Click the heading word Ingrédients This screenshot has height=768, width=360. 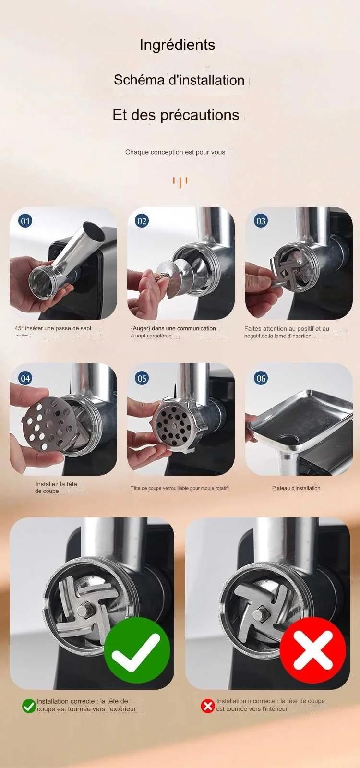point(177,45)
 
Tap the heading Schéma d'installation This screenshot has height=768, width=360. point(179,80)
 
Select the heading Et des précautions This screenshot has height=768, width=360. point(176,115)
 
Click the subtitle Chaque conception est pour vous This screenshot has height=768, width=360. point(175,152)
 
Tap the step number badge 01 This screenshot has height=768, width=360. point(25,221)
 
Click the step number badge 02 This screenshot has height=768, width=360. point(142,221)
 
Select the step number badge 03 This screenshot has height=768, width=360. point(261,221)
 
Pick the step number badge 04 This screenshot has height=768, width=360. point(25,378)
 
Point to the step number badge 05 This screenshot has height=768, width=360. point(142,378)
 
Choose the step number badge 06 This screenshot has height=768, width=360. point(261,378)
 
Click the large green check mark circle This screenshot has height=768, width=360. point(137,650)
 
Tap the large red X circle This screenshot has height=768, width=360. point(313,650)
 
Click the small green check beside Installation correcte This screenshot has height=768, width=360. point(29,706)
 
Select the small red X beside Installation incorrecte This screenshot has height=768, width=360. point(207,706)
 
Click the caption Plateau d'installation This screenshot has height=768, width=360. point(296,488)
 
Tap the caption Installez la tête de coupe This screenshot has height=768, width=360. point(56,487)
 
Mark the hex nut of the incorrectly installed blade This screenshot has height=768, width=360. point(263,613)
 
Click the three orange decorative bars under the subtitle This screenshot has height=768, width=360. point(180,182)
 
